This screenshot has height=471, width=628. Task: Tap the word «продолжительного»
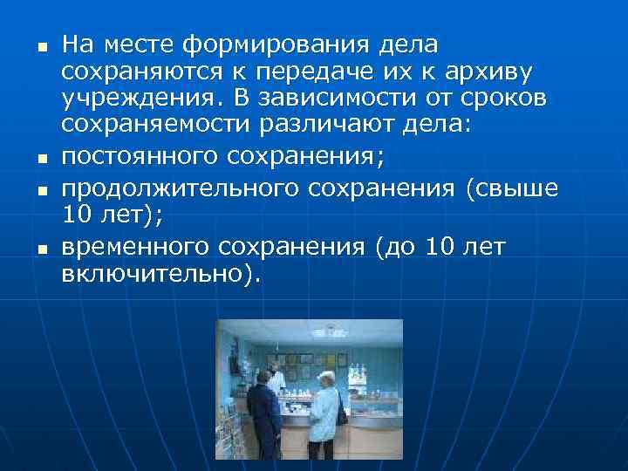[160, 189]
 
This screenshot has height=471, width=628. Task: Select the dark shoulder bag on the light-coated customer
[341, 412]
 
